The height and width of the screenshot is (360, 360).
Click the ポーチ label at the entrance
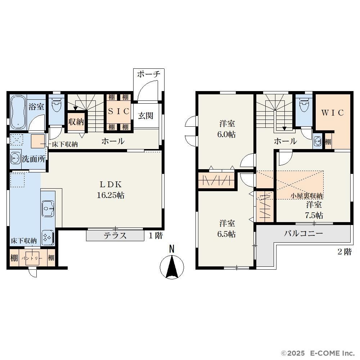coord(149,74)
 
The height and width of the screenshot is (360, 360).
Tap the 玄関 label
coord(145,116)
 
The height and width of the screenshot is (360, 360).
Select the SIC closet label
coord(118,112)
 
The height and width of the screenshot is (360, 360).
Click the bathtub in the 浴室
coord(18,113)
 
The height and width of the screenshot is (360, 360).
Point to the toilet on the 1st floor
coord(57,105)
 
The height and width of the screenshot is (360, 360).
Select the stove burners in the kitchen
coord(48,238)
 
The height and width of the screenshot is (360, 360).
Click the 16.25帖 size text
coord(111,195)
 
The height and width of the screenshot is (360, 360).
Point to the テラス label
coord(115,235)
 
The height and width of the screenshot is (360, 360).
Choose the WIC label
coord(332,112)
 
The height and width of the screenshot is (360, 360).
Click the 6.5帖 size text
coord(226,234)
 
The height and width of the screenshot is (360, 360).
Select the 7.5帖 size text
coord(314,215)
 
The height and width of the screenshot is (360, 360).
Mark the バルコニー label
coord(303,234)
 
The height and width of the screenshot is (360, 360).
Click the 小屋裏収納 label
coord(307,196)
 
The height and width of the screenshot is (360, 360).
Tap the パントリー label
coord(32,258)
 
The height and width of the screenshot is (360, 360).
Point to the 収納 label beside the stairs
coord(76,122)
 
